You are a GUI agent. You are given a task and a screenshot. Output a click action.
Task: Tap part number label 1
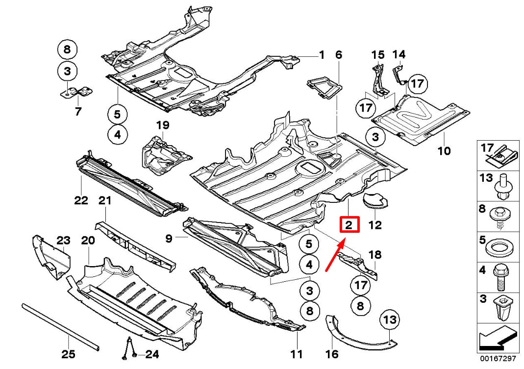[322, 55]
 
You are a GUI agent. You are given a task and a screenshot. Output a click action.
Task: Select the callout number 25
[69, 353]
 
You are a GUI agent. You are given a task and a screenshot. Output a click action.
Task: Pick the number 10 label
[444, 151]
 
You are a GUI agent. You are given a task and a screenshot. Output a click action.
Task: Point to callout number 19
[162, 126]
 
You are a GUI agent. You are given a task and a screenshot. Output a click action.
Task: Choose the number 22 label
[81, 200]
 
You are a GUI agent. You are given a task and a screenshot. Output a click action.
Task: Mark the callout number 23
[63, 240]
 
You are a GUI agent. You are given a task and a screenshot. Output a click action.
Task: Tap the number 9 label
[169, 239]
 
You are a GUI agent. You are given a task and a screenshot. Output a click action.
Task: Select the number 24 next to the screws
[152, 354]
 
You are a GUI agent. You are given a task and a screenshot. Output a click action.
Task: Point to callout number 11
[296, 353]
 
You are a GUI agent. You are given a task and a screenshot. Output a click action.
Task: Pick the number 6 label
[338, 55]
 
